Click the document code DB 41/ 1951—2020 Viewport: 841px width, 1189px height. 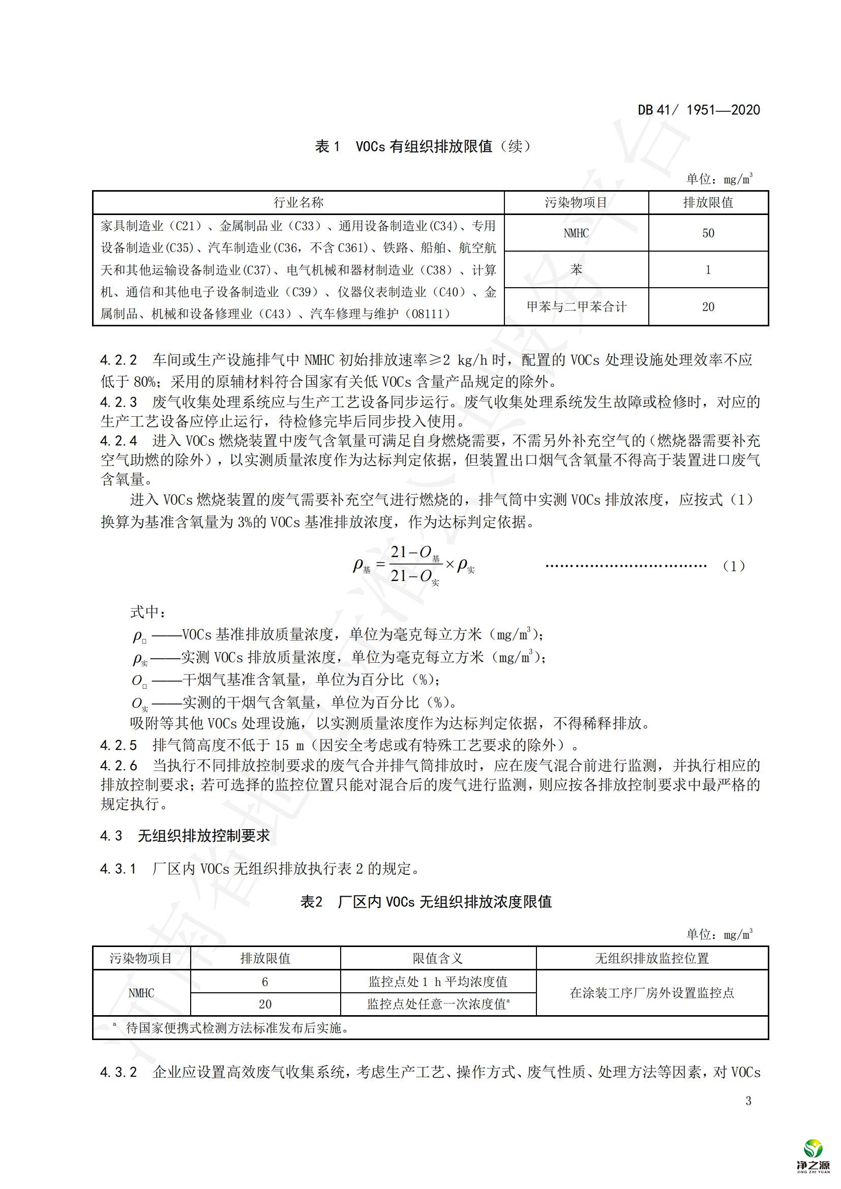(699, 110)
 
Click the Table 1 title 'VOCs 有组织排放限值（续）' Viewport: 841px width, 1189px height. (423, 146)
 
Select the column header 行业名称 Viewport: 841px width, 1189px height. (298, 202)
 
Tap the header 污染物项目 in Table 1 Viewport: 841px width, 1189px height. (576, 202)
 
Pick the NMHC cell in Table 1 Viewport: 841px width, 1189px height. (576, 233)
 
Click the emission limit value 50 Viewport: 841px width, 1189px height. (708, 233)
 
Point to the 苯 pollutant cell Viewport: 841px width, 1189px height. (576, 270)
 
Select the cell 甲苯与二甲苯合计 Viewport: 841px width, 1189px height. (576, 307)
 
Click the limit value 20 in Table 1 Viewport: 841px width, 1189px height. (708, 307)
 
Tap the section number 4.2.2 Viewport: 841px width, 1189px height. (118, 360)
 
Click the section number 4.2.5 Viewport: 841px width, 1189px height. (118, 745)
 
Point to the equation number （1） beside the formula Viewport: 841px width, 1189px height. (733, 566)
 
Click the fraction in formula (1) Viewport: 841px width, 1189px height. (414, 564)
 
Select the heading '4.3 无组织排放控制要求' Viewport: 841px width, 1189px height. (185, 836)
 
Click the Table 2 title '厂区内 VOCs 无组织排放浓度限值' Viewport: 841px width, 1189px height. (426, 902)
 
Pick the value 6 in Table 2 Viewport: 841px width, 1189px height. (264, 982)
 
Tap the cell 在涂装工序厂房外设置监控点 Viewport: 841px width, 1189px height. (651, 993)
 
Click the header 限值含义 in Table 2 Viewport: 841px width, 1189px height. (438, 959)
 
